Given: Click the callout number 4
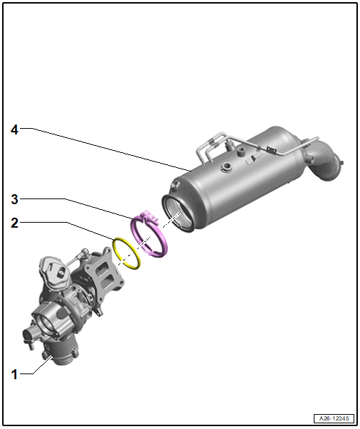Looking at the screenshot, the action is coord(14,129).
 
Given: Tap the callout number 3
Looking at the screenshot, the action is coord(14,199).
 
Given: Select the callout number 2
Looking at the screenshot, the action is coord(14,223).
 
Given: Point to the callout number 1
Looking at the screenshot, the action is coord(14,374).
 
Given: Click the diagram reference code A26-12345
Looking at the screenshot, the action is coord(334,418).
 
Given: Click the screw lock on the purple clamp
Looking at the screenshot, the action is coord(149,217).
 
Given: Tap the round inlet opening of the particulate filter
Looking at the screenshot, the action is coord(179,213).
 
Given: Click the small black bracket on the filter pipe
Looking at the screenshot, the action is coord(271,149).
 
